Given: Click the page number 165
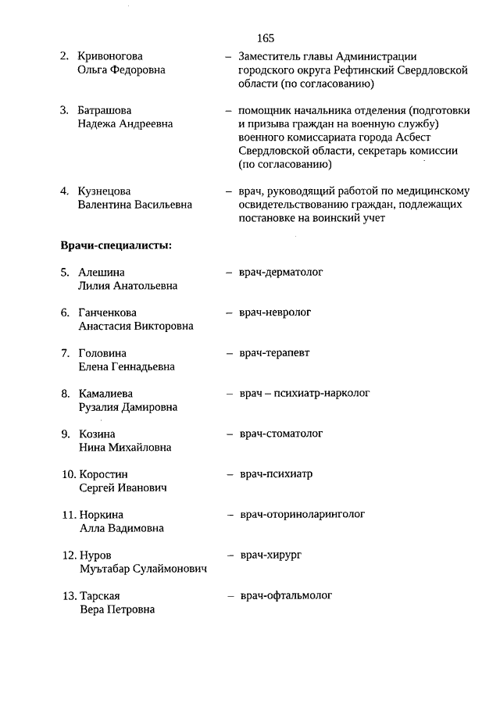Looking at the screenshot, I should pyautogui.click(x=265, y=37).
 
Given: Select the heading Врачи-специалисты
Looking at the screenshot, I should pyautogui.click(x=116, y=245).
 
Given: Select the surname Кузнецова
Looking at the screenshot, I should pyautogui.click(x=105, y=191).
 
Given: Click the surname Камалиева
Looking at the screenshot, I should pyautogui.click(x=106, y=394).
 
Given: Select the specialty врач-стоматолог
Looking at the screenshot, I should pyautogui.click(x=281, y=434).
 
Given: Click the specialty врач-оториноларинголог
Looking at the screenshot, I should pyautogui.click(x=302, y=515).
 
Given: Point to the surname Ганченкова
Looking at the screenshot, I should pyautogui.click(x=108, y=312).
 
